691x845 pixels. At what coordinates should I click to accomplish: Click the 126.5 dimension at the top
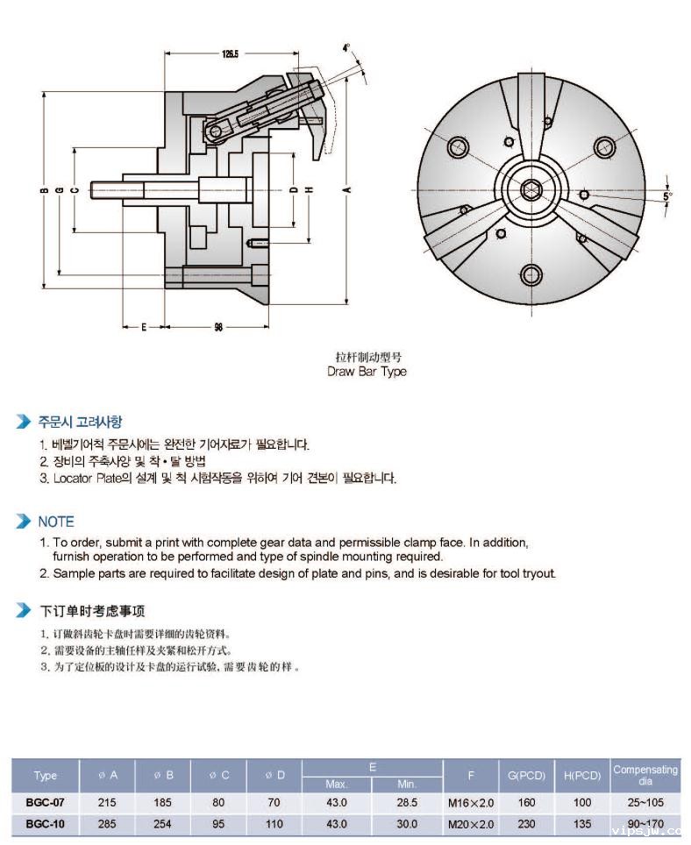pos(230,53)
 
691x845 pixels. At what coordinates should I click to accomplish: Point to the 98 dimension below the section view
pos(217,327)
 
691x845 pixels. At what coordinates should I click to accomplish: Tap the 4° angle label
pos(346,47)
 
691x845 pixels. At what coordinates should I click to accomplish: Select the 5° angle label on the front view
pos(668,196)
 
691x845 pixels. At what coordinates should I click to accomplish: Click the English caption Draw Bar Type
pos(367,371)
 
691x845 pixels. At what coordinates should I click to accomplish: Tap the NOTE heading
pos(56,522)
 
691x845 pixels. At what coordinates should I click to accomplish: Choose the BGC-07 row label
pos(45,801)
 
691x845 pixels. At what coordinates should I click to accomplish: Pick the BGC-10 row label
pos(45,824)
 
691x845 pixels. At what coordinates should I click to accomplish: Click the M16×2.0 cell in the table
pos(471,801)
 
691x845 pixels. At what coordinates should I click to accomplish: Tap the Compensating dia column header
pos(645,775)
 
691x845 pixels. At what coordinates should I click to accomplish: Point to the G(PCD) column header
pos(526,775)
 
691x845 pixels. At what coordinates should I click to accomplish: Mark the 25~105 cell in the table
pos(645,801)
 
